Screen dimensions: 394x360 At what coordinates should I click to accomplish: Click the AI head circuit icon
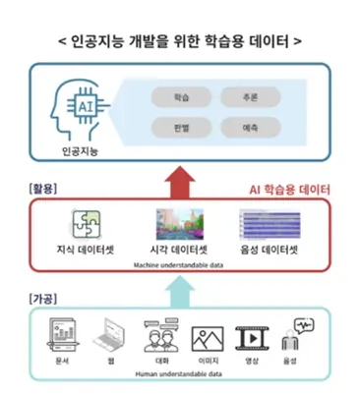click(76, 112)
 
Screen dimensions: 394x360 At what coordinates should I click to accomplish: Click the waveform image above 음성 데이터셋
click(270, 224)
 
